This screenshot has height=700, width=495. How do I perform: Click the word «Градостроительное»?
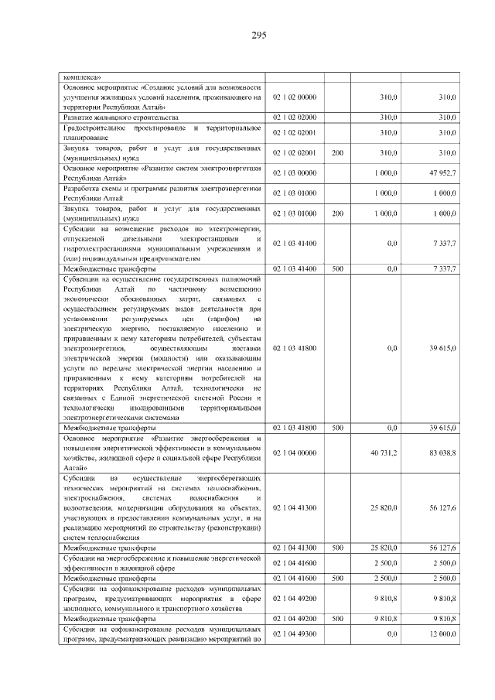click(96, 127)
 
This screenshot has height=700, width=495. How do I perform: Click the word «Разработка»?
click(83, 188)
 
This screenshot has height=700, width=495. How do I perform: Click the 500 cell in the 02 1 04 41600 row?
click(337, 578)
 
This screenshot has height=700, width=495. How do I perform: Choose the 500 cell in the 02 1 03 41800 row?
click(337, 427)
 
